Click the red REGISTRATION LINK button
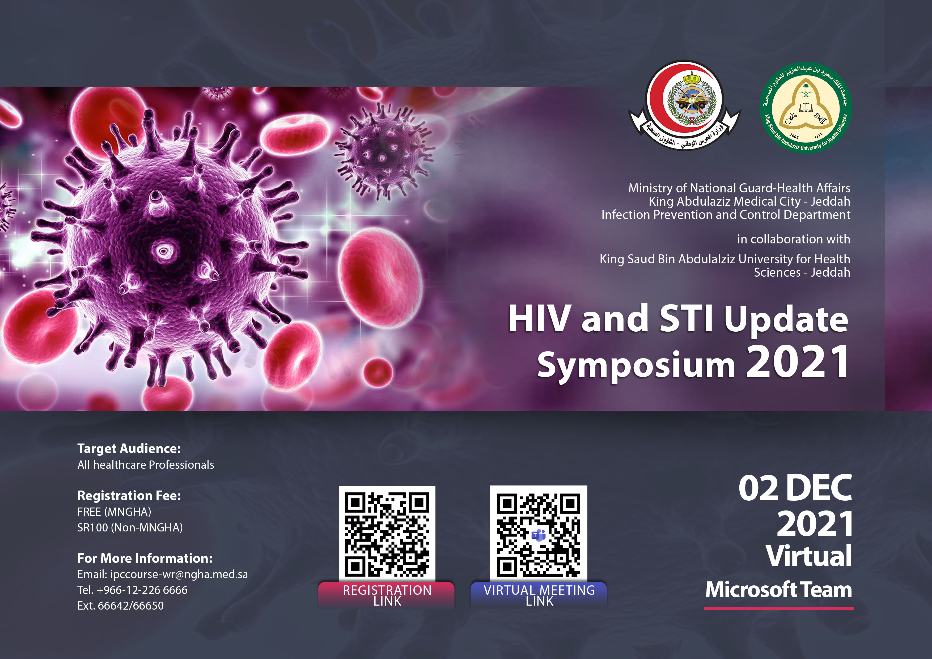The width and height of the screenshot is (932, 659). pos(387,595)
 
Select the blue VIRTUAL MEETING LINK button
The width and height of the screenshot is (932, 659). pos(539,595)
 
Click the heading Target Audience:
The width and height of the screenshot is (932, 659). pos(129,449)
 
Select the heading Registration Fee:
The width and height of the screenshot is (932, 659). pos(129,496)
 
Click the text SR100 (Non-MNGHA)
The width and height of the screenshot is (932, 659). pos(130,527)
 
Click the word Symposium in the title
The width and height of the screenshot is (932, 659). pos(636,365)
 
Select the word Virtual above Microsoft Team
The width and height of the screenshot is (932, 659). pos(809,556)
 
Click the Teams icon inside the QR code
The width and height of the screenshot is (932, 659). pos(539,535)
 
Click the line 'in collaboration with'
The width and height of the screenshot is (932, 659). pos(794,239)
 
